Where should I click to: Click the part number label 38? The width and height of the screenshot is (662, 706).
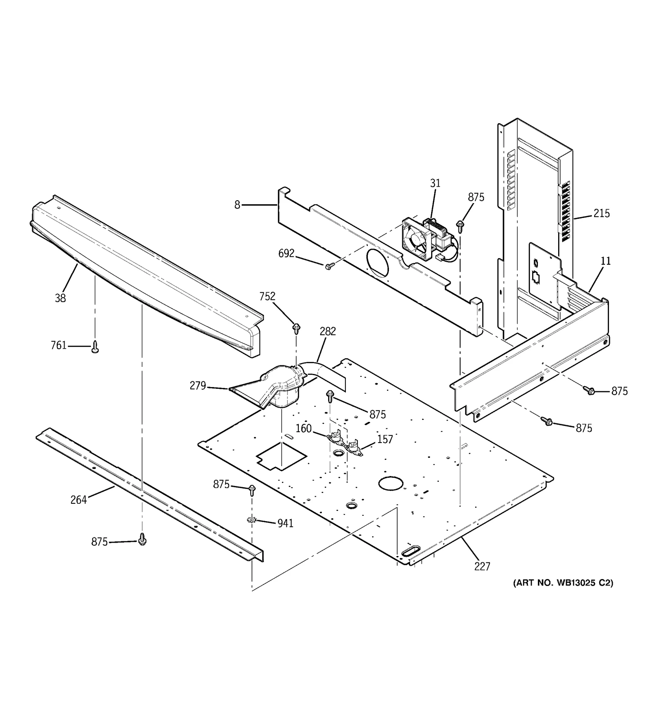[60, 298]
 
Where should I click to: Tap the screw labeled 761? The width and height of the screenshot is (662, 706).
[95, 347]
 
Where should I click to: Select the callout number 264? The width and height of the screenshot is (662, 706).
[79, 500]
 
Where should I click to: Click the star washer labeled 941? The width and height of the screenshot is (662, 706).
[251, 520]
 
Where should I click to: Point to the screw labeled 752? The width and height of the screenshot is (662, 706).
[296, 328]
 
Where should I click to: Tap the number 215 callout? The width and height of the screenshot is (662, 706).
[601, 213]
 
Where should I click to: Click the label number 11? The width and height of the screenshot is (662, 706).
[606, 261]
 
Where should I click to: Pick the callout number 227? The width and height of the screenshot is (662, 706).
[482, 566]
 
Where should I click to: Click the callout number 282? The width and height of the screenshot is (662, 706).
[328, 331]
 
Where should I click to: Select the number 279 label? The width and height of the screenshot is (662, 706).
[198, 385]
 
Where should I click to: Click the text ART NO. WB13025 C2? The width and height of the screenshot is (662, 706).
[563, 583]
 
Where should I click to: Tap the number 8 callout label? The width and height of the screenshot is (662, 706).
[237, 205]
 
